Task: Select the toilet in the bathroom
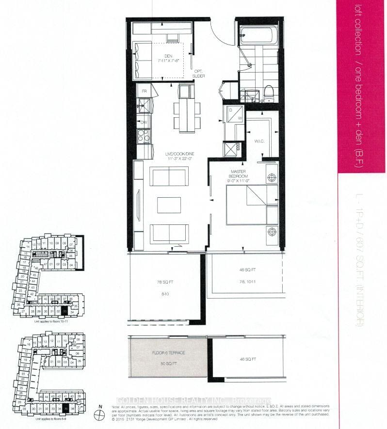click(268, 92)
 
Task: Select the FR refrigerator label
click(144, 91)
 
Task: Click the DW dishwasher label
click(144, 123)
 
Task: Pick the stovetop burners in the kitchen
click(144, 137)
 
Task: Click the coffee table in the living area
click(169, 205)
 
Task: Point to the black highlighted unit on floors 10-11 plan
click(65, 311)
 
